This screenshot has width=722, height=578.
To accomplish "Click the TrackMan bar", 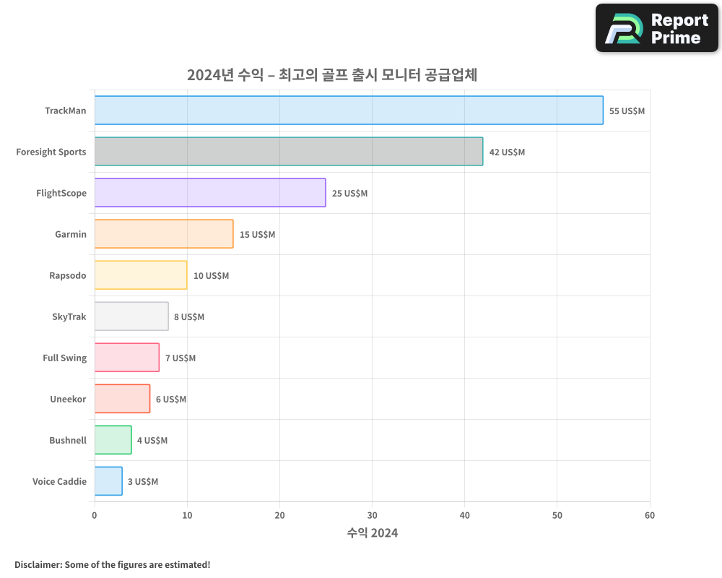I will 349,111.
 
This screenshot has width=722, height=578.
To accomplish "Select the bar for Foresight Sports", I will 289,152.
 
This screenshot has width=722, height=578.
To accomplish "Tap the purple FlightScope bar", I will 210,193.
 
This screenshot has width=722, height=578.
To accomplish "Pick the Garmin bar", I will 164,234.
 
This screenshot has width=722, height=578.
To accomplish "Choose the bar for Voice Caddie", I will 108,481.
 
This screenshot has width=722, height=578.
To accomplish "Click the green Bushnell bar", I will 113,440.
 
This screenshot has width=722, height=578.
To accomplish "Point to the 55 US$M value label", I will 627,111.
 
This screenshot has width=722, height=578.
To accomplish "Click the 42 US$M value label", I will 507,152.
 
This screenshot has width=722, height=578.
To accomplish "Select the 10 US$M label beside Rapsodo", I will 211,276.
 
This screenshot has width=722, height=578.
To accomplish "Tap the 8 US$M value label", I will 189,317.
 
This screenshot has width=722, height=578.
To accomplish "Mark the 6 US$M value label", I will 171,400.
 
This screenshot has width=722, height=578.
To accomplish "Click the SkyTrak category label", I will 69,316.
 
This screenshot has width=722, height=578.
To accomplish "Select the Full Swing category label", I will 64,358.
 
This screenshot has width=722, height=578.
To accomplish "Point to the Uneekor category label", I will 68,399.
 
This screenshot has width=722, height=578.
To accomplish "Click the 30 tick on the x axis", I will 372,515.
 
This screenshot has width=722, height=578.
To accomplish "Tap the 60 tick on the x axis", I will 650,515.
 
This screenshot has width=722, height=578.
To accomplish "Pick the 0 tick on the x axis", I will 95,515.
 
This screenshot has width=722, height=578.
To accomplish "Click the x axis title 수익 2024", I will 372,533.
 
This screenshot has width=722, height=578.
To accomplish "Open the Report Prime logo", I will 657,28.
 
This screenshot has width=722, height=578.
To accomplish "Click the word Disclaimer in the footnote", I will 37,564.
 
